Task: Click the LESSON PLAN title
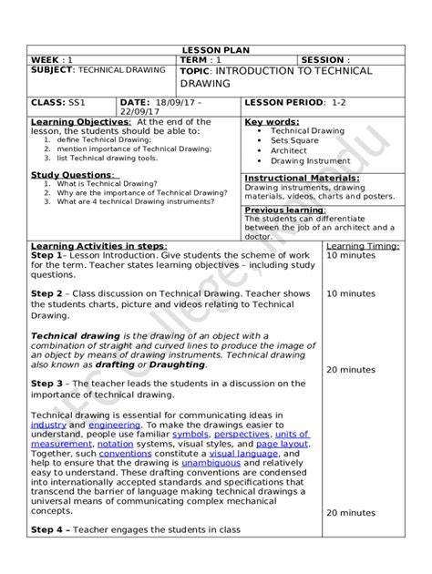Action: click(215, 50)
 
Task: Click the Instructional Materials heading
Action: click(302, 178)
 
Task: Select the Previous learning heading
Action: click(284, 210)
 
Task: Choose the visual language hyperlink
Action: click(243, 453)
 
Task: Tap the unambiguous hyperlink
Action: click(211, 463)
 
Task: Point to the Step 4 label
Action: click(48, 528)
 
